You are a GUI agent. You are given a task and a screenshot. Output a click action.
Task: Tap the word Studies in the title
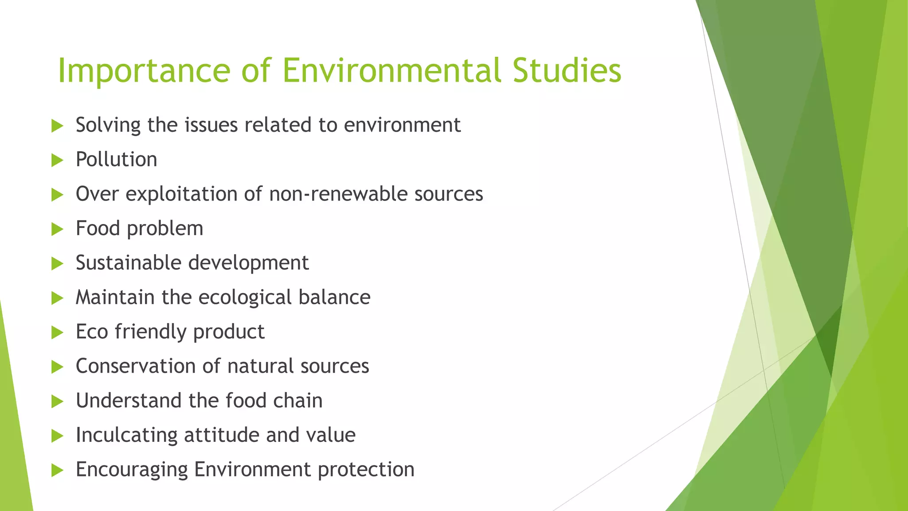pos(567,71)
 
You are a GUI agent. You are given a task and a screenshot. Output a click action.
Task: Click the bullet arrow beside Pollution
pos(57,160)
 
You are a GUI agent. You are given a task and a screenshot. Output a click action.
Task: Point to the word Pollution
pos(116,160)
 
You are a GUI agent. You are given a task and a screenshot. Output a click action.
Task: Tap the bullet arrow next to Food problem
pos(57,229)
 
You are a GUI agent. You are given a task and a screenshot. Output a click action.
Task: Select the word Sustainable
pos(129,263)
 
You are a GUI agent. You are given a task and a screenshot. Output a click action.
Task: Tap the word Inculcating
pos(126,435)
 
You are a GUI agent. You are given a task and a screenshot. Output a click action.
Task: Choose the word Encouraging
pos(132,470)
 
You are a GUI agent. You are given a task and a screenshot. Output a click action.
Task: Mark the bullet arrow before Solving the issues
pos(57,126)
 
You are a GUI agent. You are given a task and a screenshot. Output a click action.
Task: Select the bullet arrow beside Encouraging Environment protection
pos(57,470)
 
